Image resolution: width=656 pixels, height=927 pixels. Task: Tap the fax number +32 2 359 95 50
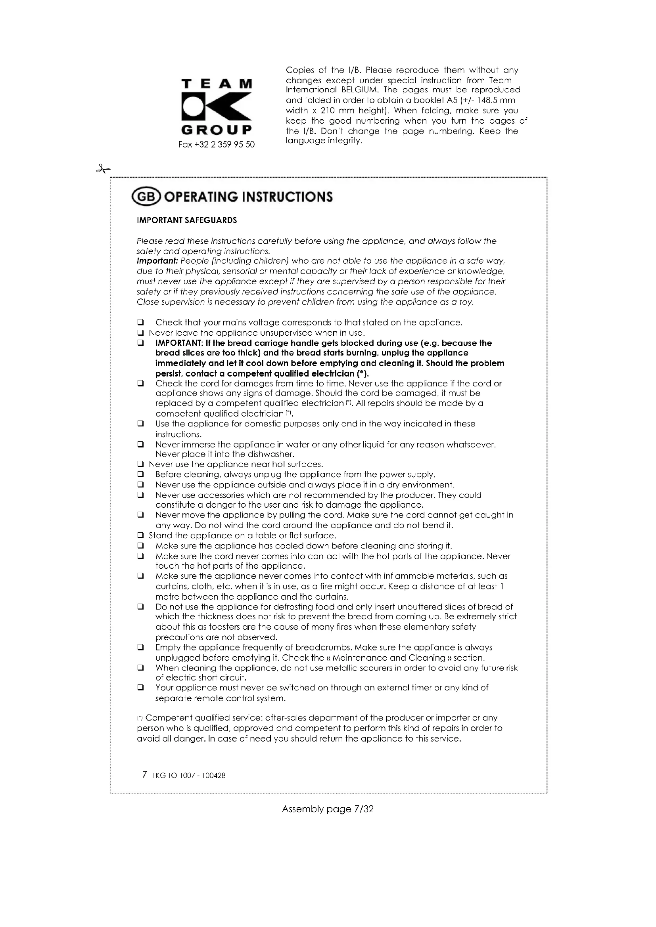coord(217,145)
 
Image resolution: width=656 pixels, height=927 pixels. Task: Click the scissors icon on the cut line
coord(103,169)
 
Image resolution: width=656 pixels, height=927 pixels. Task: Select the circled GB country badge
coord(147,197)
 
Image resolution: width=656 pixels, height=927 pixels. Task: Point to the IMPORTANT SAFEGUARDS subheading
coord(187,220)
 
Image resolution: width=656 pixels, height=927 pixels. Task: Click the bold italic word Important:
coord(157,261)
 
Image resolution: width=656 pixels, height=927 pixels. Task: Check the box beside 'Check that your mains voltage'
coord(140,323)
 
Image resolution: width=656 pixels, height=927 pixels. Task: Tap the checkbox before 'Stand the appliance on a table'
coord(140,536)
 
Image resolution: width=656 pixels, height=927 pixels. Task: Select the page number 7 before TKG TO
coord(145,786)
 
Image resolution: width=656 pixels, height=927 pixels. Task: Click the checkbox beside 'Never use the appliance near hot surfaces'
coord(140,464)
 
